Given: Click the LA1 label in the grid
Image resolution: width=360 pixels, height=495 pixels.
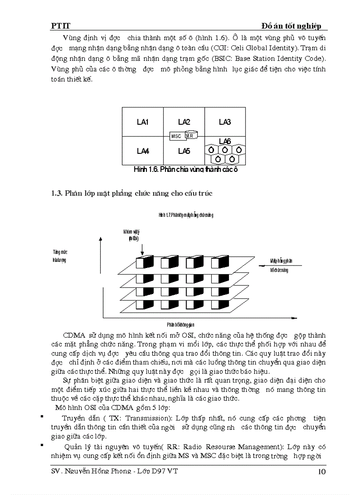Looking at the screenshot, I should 142,122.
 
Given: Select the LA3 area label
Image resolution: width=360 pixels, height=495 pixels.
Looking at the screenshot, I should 225,122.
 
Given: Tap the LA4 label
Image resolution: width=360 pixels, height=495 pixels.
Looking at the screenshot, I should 142,151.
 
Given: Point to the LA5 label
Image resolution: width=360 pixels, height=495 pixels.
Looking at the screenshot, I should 184,151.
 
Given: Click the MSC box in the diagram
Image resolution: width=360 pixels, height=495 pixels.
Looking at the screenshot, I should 176,136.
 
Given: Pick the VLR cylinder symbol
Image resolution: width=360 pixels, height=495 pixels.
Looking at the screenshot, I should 191,135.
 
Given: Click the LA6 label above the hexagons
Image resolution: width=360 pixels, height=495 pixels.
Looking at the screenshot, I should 225,141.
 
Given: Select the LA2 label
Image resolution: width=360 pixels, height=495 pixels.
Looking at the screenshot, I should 184,122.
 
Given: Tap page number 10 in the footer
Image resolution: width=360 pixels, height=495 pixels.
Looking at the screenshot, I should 322,472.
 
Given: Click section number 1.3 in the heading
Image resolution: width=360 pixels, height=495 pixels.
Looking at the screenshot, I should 57,192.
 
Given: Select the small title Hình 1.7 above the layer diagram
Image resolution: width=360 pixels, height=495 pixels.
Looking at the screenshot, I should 186,215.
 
